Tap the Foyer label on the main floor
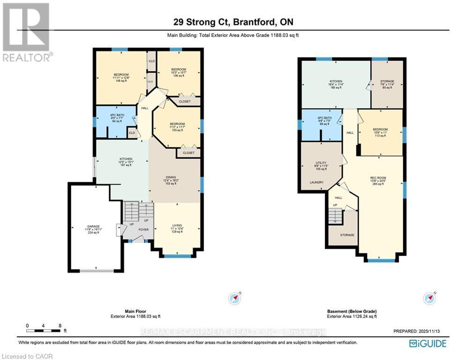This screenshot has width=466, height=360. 143,230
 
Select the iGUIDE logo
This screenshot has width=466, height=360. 427,344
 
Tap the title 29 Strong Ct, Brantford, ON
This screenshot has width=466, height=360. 233,22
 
